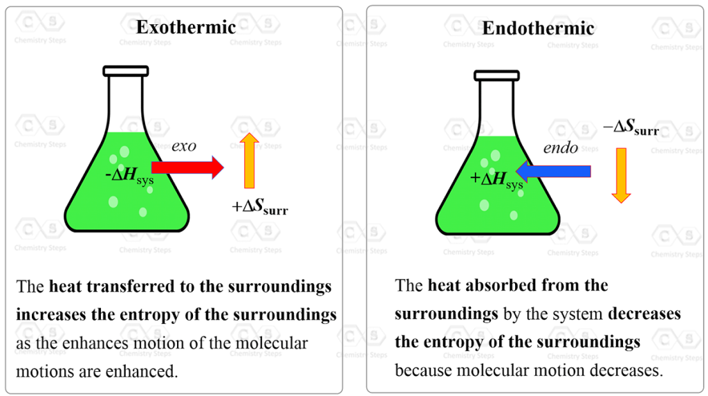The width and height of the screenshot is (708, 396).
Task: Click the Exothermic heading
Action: click(186, 28)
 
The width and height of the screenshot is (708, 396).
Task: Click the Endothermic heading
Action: click(538, 28)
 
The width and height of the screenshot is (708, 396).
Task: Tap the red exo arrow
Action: click(187, 167)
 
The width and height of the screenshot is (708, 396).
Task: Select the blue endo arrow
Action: click(553, 171)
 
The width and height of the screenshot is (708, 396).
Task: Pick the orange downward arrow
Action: click(621, 175)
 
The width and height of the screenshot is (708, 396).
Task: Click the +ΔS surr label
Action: click(260, 206)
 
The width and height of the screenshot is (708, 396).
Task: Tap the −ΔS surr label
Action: click(630, 128)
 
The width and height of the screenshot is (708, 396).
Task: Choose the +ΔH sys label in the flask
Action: click(496, 179)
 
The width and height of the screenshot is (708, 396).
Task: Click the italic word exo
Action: click(185, 146)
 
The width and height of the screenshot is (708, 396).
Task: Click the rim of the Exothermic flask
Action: click(126, 71)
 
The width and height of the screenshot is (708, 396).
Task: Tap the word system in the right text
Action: click(578, 314)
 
